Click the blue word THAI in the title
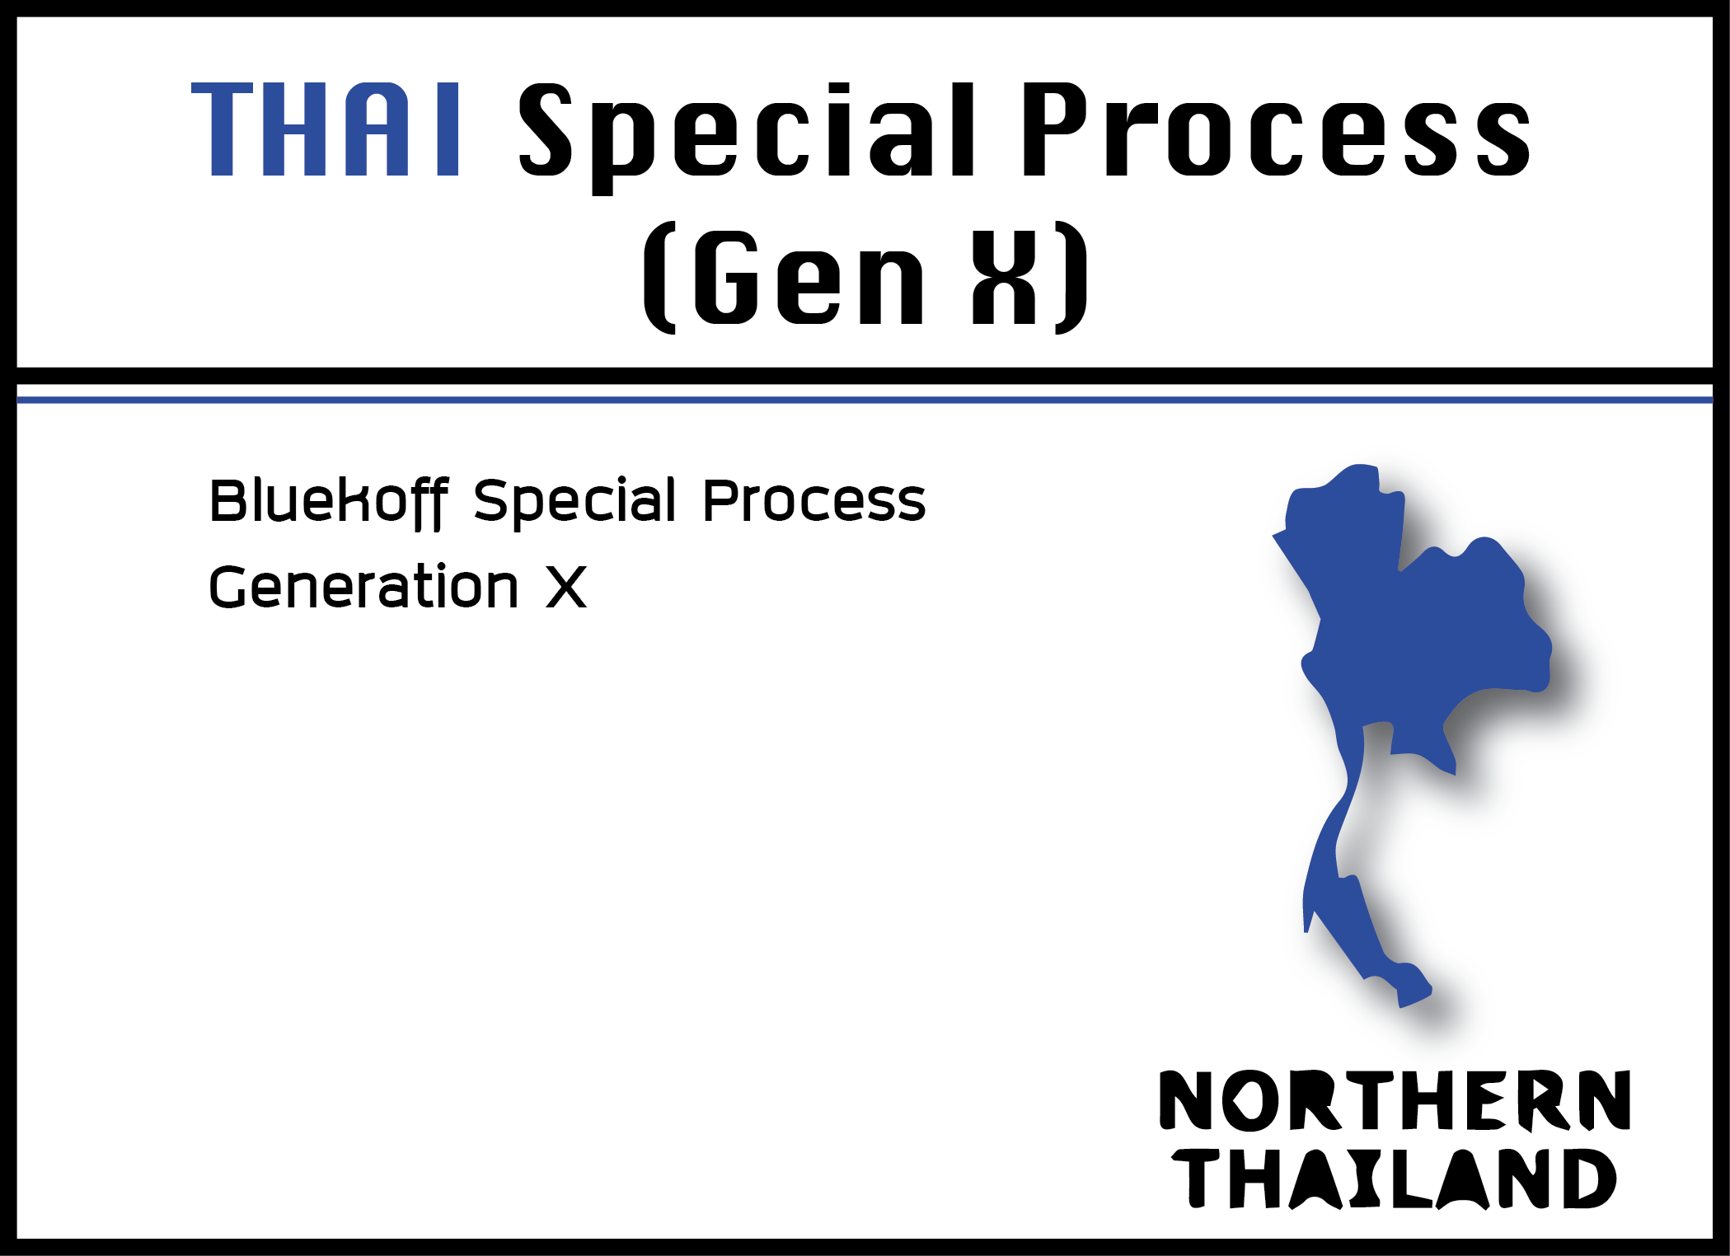click(x=325, y=129)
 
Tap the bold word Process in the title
click(x=1276, y=129)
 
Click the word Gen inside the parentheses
click(x=809, y=277)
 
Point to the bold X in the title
click(x=1004, y=277)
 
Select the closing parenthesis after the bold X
click(x=1071, y=277)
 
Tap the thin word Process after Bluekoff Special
click(x=814, y=501)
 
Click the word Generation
click(x=363, y=587)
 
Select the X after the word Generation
click(x=566, y=587)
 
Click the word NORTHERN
click(x=1395, y=1101)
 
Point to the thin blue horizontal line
click(x=865, y=400)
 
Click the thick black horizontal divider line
click(x=865, y=376)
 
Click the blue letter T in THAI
click(x=222, y=129)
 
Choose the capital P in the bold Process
click(x=1058, y=129)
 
